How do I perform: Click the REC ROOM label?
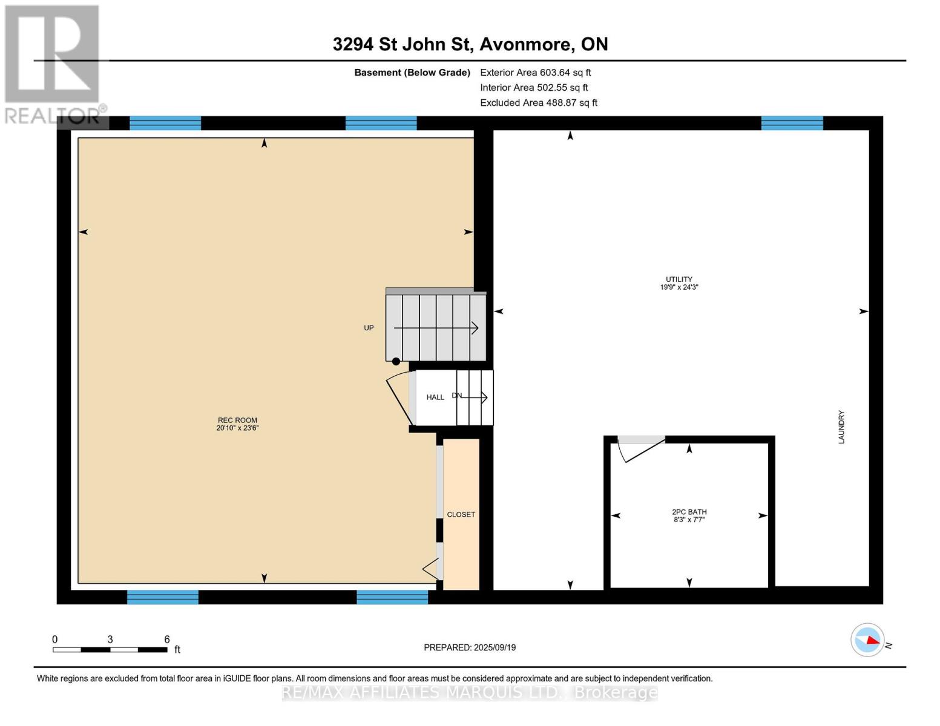[x=237, y=420]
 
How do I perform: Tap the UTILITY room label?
[x=679, y=280]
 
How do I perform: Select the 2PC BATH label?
[x=689, y=512]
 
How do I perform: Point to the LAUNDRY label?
[x=841, y=427]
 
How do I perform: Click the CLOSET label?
[x=461, y=514]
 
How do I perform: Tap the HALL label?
[x=435, y=397]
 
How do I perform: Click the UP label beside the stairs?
[x=369, y=328]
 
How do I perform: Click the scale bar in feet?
[x=110, y=650]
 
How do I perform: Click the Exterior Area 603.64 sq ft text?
[x=535, y=73]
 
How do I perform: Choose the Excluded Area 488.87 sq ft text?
[x=538, y=103]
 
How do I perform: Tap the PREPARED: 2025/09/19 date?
[x=470, y=647]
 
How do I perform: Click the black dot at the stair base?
[x=396, y=361]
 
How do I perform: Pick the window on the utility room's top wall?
[x=792, y=123]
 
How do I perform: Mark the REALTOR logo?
[x=53, y=64]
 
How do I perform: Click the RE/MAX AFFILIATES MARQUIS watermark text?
[x=470, y=692]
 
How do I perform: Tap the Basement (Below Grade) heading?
[x=412, y=73]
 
